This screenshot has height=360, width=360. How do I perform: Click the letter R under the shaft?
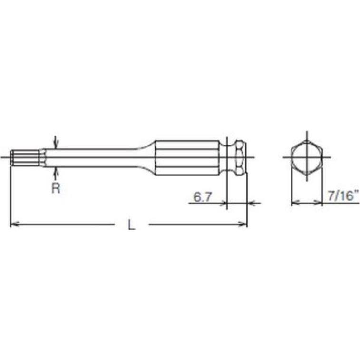(56, 188)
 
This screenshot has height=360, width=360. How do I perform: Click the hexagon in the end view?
(307, 157)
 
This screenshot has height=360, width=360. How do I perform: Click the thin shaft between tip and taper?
(95, 157)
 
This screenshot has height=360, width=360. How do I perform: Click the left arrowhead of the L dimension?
(14, 224)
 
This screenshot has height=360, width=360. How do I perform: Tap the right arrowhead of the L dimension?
(244, 224)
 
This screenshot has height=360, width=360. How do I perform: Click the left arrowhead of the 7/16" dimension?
(294, 204)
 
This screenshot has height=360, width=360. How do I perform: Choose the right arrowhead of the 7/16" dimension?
(319, 204)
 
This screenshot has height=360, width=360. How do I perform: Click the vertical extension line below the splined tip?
(10, 195)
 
